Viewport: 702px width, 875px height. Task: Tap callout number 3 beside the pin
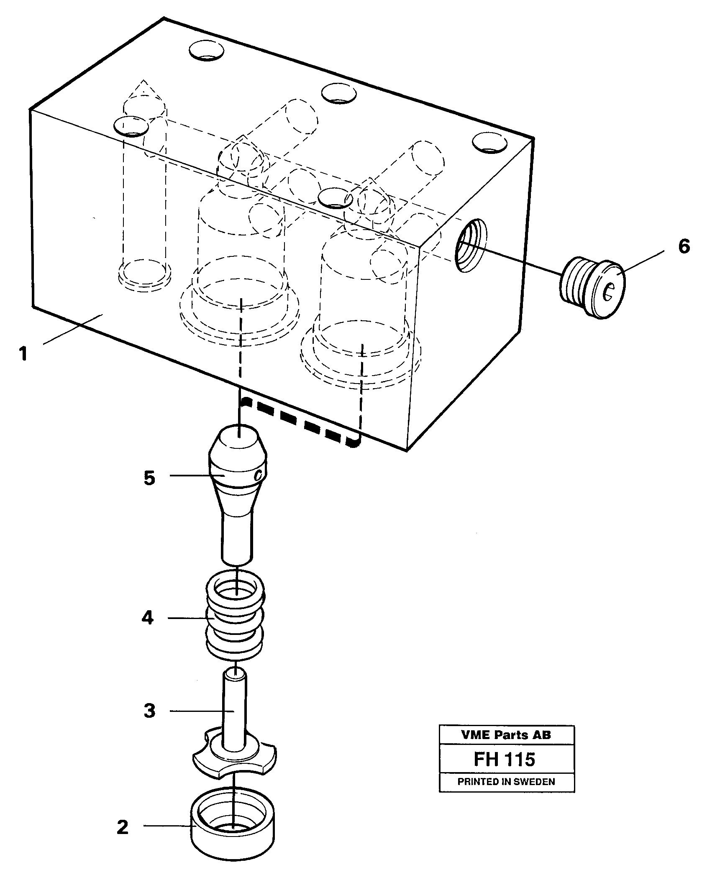point(149,711)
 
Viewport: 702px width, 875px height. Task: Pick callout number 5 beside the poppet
point(149,478)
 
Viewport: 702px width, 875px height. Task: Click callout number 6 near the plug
point(684,247)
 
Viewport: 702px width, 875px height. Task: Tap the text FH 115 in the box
point(504,759)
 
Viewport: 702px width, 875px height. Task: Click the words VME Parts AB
point(507,735)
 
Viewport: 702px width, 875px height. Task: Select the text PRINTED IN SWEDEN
point(506,781)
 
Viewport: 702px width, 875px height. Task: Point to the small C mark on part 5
point(259,475)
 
